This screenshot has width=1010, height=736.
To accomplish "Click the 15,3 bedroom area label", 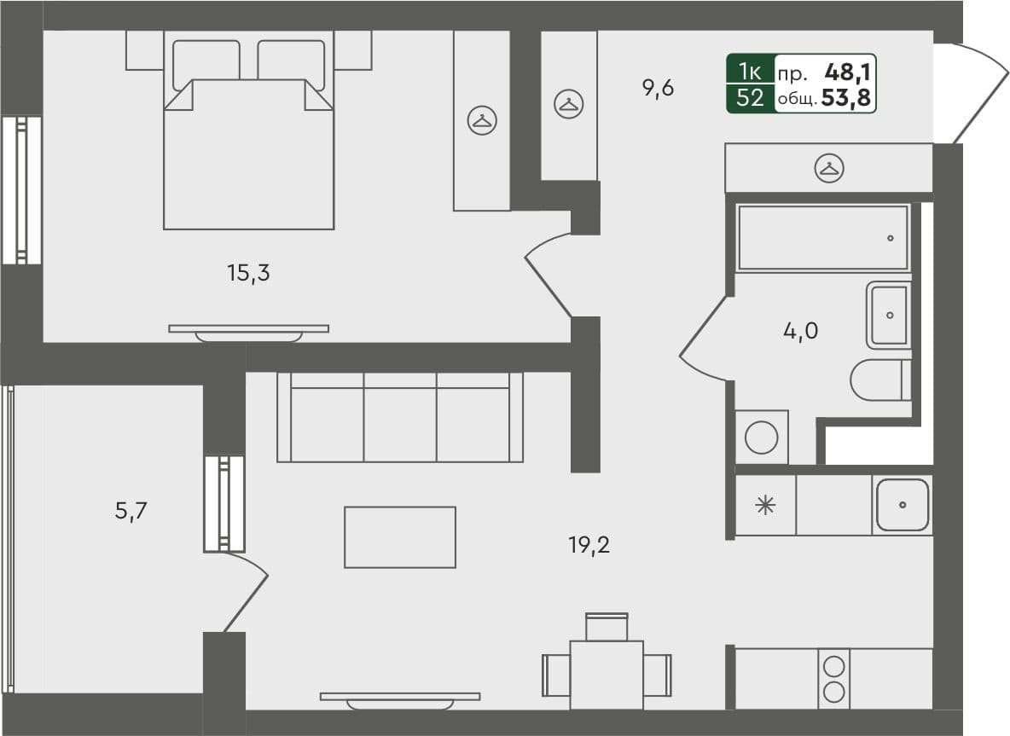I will [248, 274].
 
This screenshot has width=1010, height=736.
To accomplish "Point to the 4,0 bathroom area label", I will [800, 330].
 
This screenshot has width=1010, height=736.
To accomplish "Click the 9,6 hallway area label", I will [658, 88].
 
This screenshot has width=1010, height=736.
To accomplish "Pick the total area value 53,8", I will [846, 99].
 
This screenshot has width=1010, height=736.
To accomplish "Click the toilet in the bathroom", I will [880, 380].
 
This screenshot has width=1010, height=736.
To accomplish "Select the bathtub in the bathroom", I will [823, 238].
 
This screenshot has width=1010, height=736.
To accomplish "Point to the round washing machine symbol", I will [761, 438].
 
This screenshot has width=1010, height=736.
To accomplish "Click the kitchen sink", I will [902, 505].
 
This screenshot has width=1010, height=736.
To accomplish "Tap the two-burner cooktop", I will [834, 679].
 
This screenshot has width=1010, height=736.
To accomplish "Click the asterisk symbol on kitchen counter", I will [765, 505].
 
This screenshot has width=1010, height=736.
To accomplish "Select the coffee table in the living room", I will [399, 537].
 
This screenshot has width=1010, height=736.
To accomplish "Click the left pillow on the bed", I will [206, 61].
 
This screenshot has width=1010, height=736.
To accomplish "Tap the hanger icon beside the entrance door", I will [828, 168].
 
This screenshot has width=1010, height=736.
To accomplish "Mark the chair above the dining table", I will [607, 627].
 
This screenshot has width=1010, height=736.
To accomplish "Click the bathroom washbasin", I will [889, 316].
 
